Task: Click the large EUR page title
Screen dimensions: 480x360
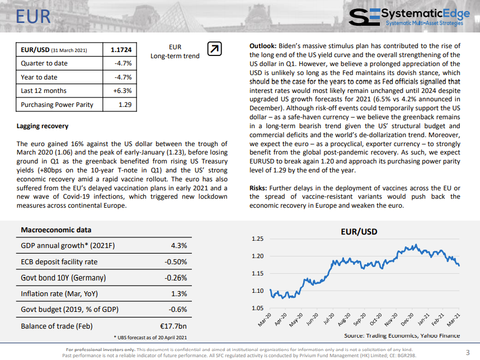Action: pos(33,17)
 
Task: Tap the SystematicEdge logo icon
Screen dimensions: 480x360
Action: pos(364,17)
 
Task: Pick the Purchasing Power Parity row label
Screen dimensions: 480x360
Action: pos(57,105)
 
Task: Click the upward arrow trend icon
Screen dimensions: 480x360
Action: pos(214,49)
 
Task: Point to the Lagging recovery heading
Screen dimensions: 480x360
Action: pos(43,126)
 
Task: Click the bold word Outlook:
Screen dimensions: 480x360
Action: pos(263,46)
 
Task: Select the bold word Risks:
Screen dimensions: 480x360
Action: pos(258,188)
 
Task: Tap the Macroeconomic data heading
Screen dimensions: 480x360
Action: pos(56,230)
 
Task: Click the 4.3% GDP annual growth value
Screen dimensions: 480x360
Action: pos(179,246)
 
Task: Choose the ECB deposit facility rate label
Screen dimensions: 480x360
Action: pos(59,262)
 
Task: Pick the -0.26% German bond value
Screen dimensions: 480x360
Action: pos(176,278)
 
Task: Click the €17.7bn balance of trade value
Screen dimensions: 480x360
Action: pos(173,326)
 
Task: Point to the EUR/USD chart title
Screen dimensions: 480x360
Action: pos(359,232)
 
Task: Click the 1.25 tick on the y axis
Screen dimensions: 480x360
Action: pos(257,239)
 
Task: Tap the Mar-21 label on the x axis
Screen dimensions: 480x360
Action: pos(453,319)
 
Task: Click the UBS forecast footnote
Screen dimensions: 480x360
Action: pos(150,338)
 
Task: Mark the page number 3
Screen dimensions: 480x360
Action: pos(468,352)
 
